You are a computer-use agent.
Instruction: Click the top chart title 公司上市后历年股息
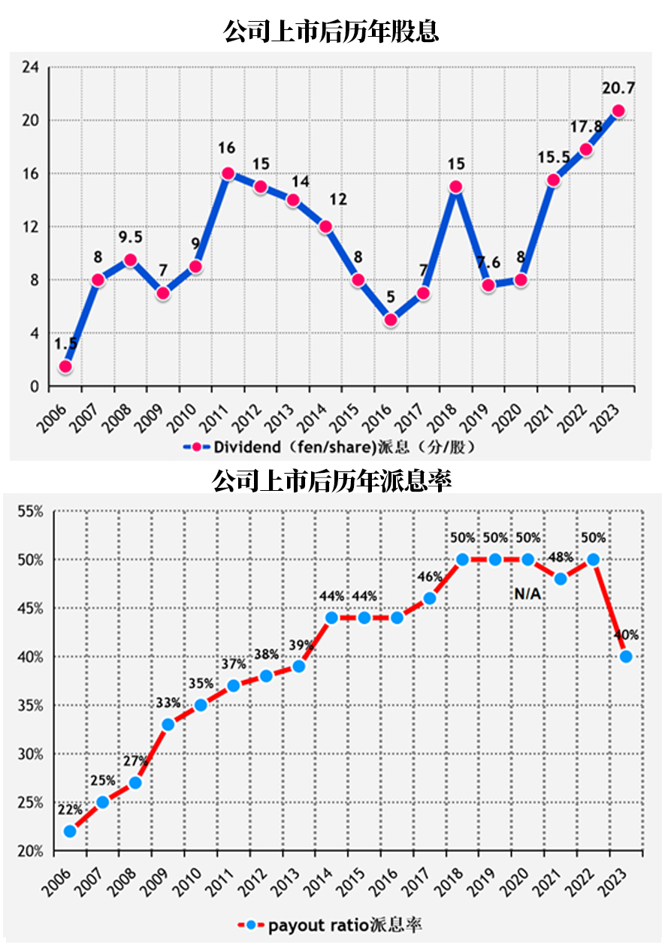[331, 32]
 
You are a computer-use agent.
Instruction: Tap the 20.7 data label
[618, 89]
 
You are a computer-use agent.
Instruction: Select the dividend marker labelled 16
[228, 173]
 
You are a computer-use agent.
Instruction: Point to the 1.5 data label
[66, 344]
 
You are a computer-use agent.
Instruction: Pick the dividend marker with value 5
[391, 320]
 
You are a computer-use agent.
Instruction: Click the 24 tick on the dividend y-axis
[30, 68]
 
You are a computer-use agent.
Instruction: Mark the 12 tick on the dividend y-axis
[30, 227]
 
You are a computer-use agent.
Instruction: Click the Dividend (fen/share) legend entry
[331, 447]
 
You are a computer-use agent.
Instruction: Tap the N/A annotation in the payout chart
[528, 594]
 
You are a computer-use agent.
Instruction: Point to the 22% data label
[69, 810]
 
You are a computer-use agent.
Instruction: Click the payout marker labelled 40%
[626, 657]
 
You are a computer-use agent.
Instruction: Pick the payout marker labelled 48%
[561, 579]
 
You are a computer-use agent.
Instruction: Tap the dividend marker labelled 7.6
[488, 285]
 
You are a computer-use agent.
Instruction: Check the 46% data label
[429, 576]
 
